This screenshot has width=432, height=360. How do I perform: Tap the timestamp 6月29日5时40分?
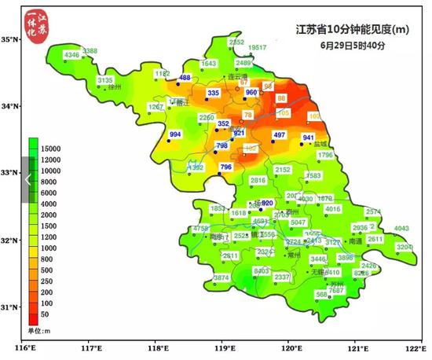pos(353,46)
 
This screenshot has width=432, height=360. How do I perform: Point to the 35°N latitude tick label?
pos(10,39)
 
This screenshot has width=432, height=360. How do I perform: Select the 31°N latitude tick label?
pos(10,307)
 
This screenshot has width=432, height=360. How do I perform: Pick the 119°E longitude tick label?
pos(223,347)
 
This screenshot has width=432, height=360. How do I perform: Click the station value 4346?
pos(72,55)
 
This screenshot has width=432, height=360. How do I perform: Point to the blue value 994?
pos(175,135)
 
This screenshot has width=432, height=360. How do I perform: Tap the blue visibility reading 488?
pos(185,78)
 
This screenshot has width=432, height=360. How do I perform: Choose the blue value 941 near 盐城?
pos(308,138)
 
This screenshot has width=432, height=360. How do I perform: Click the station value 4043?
pos(401,229)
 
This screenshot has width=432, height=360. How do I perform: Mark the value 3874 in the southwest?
pos(221,277)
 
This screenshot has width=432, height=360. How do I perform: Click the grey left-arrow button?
pos(27,180)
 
